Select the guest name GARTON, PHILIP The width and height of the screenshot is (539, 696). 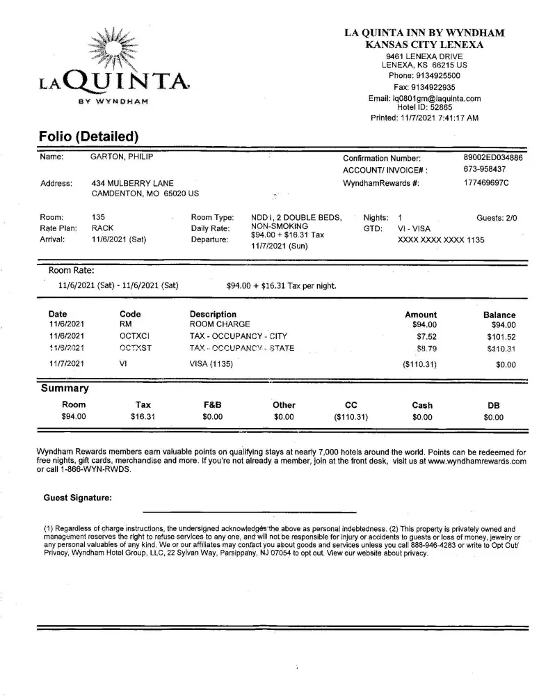click(x=122, y=158)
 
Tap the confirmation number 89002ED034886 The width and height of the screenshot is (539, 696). click(x=492, y=158)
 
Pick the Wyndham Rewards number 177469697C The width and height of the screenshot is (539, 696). click(x=486, y=183)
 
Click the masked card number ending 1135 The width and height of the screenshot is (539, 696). click(x=441, y=240)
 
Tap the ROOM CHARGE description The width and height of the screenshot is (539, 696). click(x=219, y=324)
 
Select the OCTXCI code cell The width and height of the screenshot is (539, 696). click(x=135, y=336)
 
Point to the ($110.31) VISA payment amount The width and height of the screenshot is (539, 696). click(x=420, y=364)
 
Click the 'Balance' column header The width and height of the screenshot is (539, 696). click(x=499, y=315)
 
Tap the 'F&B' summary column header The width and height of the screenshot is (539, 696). click(x=211, y=405)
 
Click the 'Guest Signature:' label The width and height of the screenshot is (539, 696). click(x=77, y=498)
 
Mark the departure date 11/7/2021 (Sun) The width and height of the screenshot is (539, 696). click(x=279, y=246)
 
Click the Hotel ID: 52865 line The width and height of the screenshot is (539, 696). click(x=424, y=108)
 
